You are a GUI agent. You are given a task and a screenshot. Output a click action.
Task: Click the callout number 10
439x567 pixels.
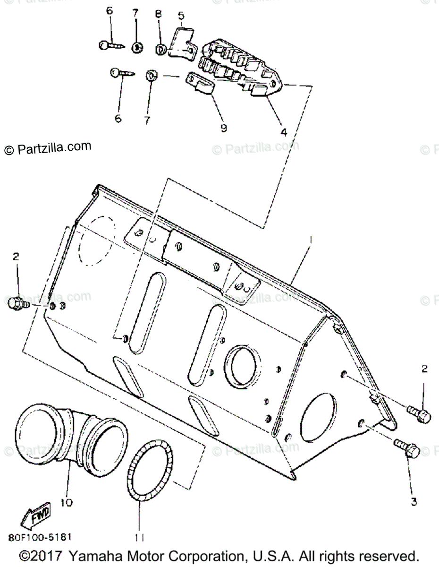67,503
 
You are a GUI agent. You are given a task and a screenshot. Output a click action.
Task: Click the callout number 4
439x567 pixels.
284,132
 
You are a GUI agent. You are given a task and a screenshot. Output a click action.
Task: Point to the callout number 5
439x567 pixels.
181,16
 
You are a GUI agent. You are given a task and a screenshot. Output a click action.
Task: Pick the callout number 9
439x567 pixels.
223,128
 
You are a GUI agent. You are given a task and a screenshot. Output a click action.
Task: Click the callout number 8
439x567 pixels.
158,14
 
